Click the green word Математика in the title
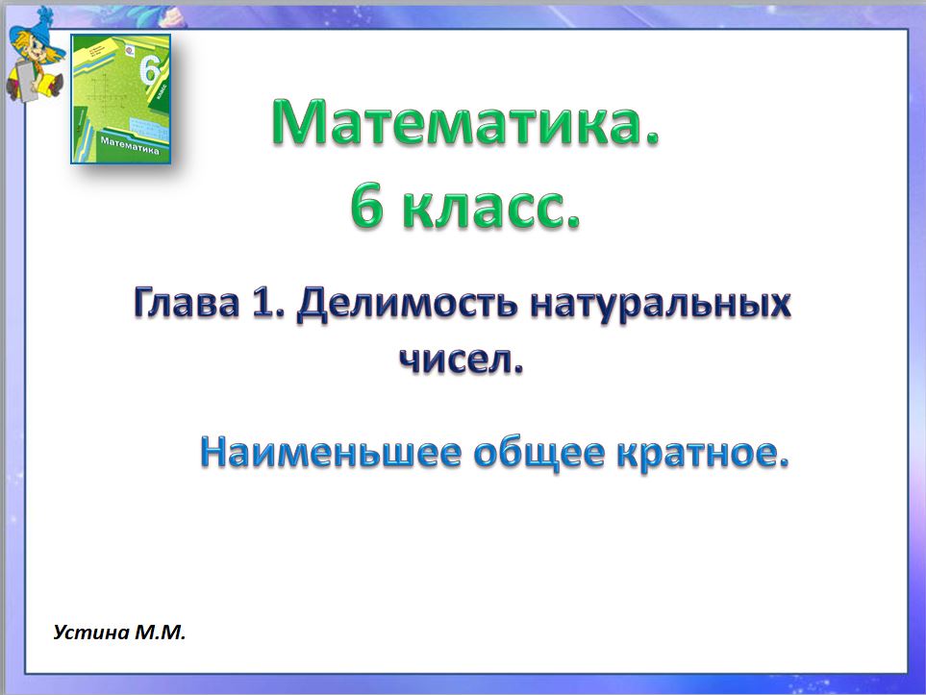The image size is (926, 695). click(x=465, y=125)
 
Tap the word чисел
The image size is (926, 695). click(x=462, y=360)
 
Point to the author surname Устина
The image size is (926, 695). click(x=90, y=633)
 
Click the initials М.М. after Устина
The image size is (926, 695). click(x=158, y=633)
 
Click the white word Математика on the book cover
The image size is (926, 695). click(x=128, y=144)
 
